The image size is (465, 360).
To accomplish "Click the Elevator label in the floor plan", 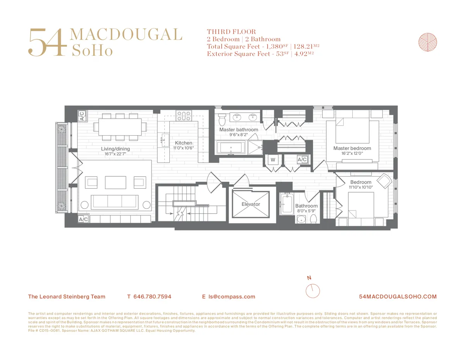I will (x=251, y=204).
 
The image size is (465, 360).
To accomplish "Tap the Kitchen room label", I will (x=183, y=143).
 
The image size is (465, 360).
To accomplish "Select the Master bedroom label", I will (x=352, y=148).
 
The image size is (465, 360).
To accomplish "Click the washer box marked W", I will (x=272, y=160).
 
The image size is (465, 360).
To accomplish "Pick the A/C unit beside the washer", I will (x=302, y=160).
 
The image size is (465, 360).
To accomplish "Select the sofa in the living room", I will (x=114, y=201).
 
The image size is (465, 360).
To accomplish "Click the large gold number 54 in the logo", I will (x=46, y=42).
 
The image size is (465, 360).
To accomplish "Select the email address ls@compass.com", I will (x=232, y=297).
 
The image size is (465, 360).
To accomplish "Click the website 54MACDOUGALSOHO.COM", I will (x=398, y=297).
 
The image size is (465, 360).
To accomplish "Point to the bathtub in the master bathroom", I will (x=231, y=148).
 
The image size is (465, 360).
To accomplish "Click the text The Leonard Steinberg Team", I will (x=67, y=297).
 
